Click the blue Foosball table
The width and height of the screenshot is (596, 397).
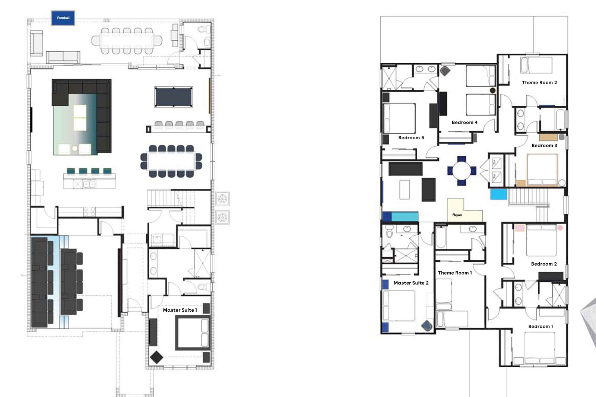63,18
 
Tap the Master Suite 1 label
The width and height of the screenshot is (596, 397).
180,310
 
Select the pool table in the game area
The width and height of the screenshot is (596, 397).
174,97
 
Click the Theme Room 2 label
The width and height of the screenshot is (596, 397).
539,82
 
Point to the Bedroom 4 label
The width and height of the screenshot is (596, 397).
465,123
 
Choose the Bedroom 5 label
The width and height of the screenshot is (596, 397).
411,137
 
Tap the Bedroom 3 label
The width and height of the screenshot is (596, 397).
544,146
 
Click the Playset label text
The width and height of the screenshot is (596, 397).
457,215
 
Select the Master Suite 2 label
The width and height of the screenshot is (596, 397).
411,283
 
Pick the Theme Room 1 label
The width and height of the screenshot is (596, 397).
455,273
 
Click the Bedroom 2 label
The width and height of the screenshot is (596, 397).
544,264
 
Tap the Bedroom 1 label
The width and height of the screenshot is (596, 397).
540,327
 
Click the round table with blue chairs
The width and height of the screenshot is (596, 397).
462,171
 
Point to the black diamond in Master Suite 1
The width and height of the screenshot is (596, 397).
156,358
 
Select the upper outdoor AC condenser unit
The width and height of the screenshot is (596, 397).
222,198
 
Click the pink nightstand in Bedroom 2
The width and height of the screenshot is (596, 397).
520,228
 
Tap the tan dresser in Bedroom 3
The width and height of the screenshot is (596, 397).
548,137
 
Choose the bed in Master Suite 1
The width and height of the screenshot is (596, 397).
193,333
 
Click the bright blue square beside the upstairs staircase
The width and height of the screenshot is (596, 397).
499,194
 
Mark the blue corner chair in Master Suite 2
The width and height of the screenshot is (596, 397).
427,326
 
